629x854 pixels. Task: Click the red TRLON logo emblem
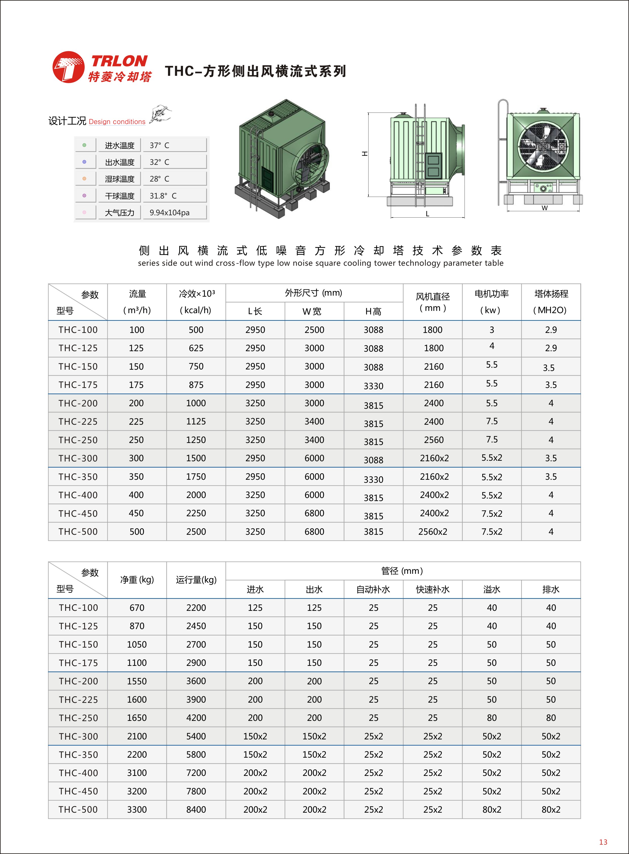pyautogui.click(x=68, y=67)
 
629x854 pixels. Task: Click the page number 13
pyautogui.click(x=603, y=842)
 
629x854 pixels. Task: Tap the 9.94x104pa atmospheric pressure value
pyautogui.click(x=170, y=212)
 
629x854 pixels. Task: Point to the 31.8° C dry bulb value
pyautogui.click(x=163, y=196)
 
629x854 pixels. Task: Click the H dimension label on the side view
pyautogui.click(x=364, y=153)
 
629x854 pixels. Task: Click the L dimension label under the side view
pyautogui.click(x=427, y=214)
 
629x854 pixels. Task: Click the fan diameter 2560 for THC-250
pyautogui.click(x=434, y=440)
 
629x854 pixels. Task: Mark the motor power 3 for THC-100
pyautogui.click(x=492, y=330)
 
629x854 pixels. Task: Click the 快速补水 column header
pyautogui.click(x=433, y=589)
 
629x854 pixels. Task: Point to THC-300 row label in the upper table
pyautogui.click(x=78, y=458)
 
